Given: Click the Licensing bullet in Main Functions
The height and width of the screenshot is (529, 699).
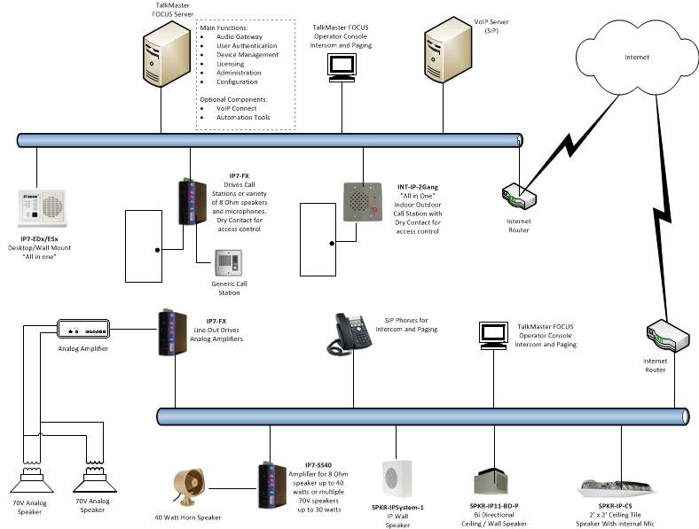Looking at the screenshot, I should coord(231,64).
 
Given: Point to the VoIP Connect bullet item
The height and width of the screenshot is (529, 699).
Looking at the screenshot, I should coord(236,108).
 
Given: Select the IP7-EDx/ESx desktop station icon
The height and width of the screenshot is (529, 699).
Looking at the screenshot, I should coord(42,209).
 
